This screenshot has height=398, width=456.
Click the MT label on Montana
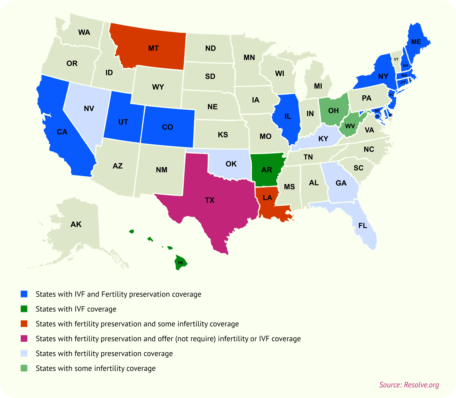pos(153,48)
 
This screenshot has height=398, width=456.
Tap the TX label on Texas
pos(210,200)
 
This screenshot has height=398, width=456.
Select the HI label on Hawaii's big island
pos(180,263)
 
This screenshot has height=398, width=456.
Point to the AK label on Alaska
pos(76,224)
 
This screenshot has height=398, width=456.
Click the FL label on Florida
pos(363,226)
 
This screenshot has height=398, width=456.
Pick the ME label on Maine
pos(416,42)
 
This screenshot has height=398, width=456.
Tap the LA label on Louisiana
pos(267,197)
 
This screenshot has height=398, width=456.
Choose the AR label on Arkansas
pos(266,170)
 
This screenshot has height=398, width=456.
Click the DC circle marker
pos(377,116)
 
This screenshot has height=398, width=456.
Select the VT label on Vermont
pos(396,59)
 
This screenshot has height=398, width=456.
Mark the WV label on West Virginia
pos(350,126)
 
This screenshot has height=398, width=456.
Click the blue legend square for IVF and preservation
pos(24,294)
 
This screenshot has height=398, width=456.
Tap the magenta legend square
pos(24,338)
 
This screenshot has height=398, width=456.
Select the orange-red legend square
pos(24,324)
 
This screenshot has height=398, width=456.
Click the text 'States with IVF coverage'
pos(76,309)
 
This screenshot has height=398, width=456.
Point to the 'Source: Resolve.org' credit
pos(409,385)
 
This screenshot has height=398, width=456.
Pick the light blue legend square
pos(24,353)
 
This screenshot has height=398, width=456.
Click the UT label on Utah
pos(123,122)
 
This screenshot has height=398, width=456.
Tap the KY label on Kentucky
pos(323,139)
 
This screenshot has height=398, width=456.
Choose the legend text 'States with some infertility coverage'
pos(96,368)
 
